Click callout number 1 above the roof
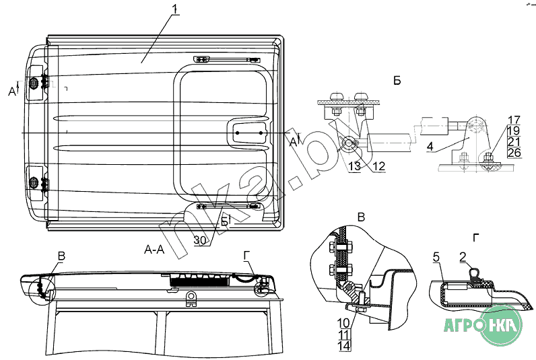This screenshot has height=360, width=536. point(174,11)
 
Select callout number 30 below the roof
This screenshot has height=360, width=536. point(200,240)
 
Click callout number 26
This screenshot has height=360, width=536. point(513,152)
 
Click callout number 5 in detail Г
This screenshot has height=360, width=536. point(436,256)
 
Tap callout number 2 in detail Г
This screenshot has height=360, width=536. point(463,256)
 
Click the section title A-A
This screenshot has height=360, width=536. point(154,249)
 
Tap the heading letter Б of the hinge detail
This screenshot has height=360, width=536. point(397,81)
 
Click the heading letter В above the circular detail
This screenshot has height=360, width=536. point(361,217)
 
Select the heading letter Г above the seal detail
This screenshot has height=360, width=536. point(477,237)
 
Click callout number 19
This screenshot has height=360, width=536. point(513,131)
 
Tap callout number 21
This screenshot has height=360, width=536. point(513,141)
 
